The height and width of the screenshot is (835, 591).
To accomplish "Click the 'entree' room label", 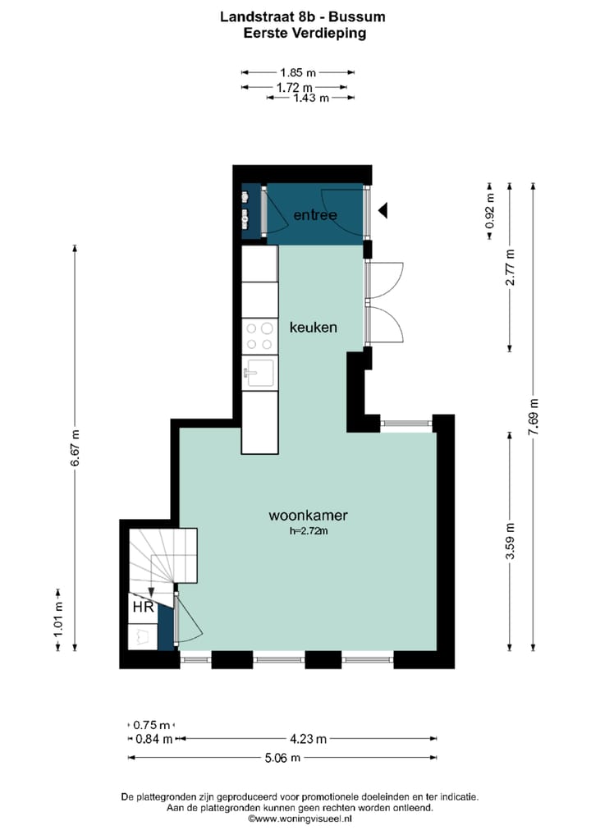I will [x=315, y=215].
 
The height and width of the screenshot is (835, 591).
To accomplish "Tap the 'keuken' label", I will [x=314, y=327].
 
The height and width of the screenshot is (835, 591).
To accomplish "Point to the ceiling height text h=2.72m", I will [x=309, y=531].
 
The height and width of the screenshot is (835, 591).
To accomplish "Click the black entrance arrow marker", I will [x=383, y=212].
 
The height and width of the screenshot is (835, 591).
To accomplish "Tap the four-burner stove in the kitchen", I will [x=259, y=336].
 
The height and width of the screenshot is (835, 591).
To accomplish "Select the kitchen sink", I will [x=259, y=374].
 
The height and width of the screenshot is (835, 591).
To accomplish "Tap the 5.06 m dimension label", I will [x=282, y=757].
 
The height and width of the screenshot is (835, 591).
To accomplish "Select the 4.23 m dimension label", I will [x=306, y=739].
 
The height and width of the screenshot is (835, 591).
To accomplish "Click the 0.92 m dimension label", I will [x=490, y=210].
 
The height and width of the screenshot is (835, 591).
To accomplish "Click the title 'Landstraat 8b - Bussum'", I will [x=293, y=16].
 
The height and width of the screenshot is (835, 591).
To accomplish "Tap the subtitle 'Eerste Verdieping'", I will [x=293, y=33].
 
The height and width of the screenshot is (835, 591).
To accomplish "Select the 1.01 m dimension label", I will [x=58, y=620].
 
